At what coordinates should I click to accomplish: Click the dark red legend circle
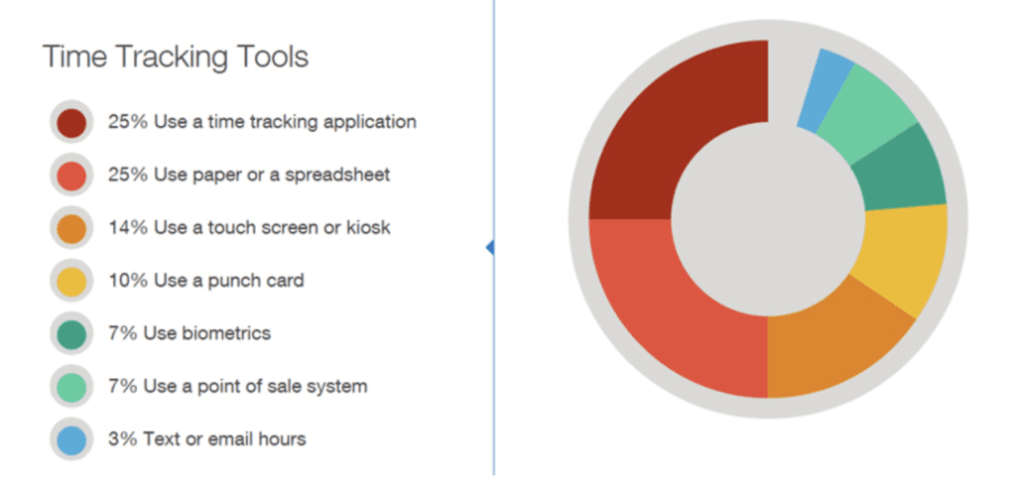point(71,123)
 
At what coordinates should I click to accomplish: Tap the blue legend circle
point(71,440)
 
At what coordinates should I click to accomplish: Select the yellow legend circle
point(71,282)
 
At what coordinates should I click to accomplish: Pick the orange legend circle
point(71,228)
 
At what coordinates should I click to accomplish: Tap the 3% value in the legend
point(123,438)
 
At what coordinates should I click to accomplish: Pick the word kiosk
point(369,228)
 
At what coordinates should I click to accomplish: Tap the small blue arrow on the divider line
point(490,247)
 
